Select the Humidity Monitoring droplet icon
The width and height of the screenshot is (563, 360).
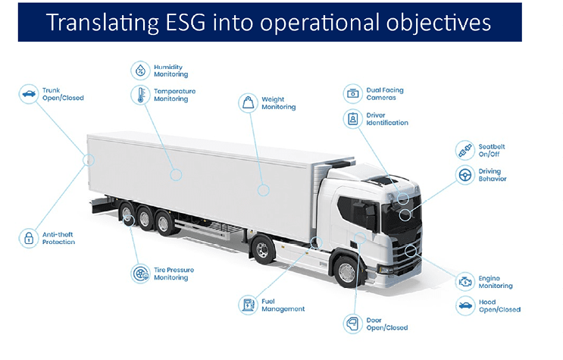coord(140,70)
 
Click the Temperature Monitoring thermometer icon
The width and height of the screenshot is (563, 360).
coord(140,95)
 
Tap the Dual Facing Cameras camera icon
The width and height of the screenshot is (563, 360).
coord(352,94)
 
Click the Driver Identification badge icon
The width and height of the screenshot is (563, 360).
coord(352,119)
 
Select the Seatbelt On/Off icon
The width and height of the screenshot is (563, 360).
coord(464,150)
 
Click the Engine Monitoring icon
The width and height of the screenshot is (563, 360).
coord(464,282)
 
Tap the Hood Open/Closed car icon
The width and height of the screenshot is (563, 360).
coord(464,306)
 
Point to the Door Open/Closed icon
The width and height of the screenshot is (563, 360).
coord(352,324)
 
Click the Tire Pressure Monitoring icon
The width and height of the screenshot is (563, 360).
coord(140,274)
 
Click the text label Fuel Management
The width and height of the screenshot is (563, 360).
coord(283,305)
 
